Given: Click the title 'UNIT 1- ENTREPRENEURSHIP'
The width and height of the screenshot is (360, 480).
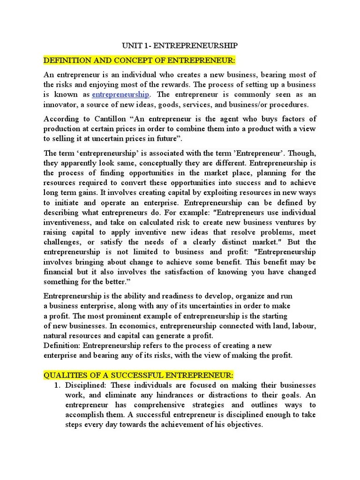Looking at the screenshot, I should click(180, 45).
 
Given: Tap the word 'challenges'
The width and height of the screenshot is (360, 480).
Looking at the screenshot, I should click(63, 242).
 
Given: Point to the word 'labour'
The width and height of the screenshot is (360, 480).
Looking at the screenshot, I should click(301, 326).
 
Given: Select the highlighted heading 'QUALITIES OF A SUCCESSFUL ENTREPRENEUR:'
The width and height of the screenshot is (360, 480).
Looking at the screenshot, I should click(138, 375).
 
